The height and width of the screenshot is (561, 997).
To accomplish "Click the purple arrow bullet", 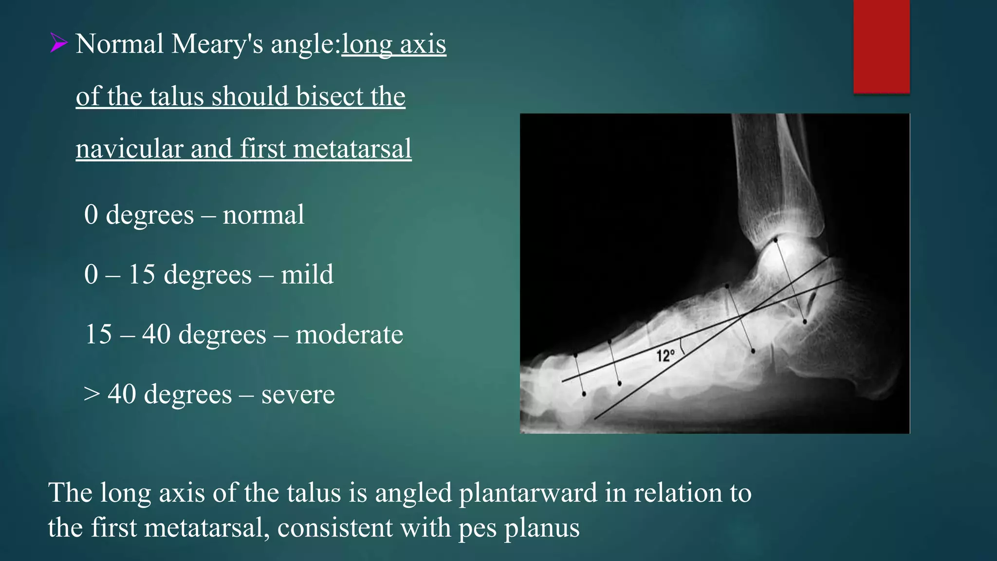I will coord(58,44).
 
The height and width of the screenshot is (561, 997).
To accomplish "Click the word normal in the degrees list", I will coord(263,215).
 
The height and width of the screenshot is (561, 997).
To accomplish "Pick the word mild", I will coord(307,275).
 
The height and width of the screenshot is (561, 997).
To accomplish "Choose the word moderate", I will coord(349,335).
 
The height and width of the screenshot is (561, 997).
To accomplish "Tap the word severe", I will coord(298,394).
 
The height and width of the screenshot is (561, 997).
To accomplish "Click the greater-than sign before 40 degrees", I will coord(92,394).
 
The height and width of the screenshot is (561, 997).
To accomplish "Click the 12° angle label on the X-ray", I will coord(665,355).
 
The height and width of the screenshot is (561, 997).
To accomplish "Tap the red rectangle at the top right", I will coord(881,46).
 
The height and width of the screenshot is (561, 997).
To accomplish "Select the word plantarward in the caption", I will coord(528,493).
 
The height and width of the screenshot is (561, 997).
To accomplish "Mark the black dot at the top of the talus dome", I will coord(775,240).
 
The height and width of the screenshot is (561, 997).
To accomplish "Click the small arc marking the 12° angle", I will coord(683,346).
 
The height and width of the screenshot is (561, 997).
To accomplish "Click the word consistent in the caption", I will coord(335,528).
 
